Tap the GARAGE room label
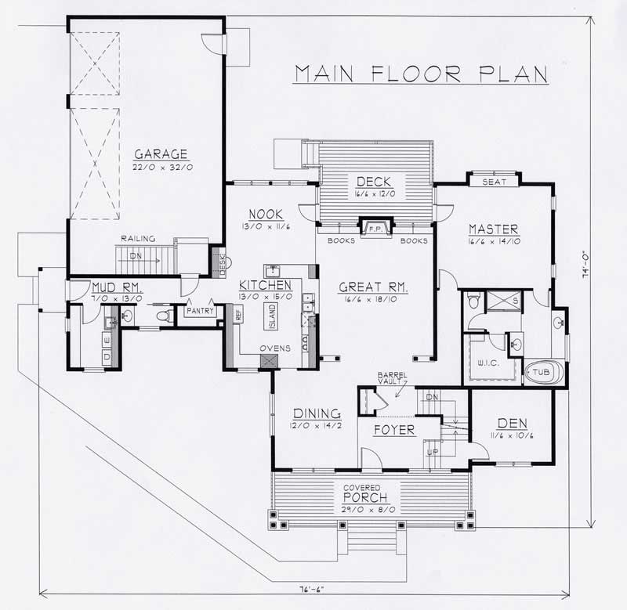coord(161,154)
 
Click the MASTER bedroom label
coord(494,229)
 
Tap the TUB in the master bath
coord(542,374)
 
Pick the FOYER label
coord(393,430)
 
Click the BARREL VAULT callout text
coord(392,379)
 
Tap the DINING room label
coord(316,413)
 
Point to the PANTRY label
coord(200,311)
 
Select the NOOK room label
coord(260,214)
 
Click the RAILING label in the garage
coord(137,239)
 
